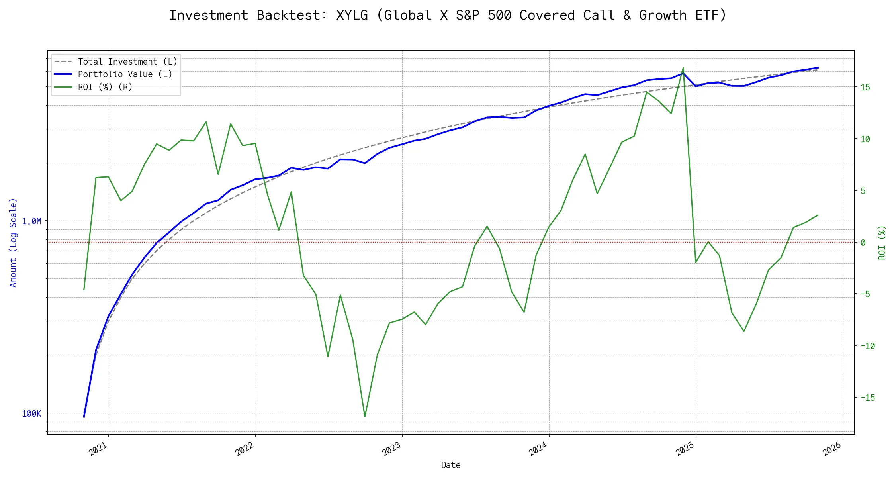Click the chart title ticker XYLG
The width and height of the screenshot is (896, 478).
click(352, 15)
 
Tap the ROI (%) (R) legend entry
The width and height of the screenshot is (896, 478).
click(105, 87)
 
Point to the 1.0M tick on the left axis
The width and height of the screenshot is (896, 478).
click(31, 221)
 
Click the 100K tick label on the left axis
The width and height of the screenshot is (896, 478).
click(31, 414)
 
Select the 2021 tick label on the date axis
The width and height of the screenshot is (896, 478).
click(98, 449)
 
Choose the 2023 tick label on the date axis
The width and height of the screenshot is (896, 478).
click(392, 449)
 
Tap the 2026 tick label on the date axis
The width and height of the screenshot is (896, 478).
click(832, 449)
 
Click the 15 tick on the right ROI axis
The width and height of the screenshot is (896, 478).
click(865, 87)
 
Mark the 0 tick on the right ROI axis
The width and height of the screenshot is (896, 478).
click(863, 243)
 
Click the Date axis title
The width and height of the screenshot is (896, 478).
click(451, 465)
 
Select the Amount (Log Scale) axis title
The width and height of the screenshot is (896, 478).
click(13, 243)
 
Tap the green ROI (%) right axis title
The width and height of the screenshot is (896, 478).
click(882, 243)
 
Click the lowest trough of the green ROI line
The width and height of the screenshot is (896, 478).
click(365, 417)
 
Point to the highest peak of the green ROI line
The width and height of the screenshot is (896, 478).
click(683, 68)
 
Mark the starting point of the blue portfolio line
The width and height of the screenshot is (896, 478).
click(84, 417)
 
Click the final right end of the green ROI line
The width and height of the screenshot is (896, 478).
click(818, 215)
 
